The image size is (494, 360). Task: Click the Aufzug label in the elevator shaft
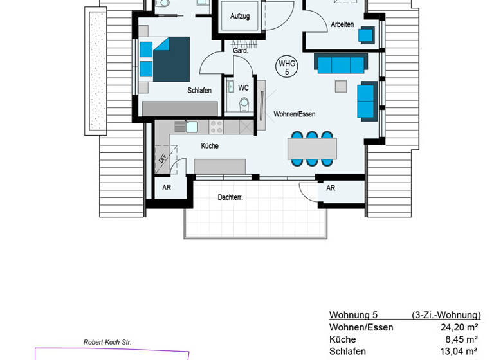[239, 15]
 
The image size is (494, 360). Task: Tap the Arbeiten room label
[342, 24]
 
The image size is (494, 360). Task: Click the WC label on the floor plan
[243, 87]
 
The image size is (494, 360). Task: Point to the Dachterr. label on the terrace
[230, 197]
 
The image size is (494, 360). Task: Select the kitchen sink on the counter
[192, 125]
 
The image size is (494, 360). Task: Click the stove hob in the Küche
[216, 125]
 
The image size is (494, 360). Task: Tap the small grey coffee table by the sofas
[340, 86]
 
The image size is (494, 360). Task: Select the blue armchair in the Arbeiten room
[367, 34]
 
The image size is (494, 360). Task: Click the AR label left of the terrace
[167, 188]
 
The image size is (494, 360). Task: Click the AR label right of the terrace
[331, 188]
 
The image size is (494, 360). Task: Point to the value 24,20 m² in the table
[457, 327]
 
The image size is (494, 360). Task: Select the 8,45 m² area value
[461, 339]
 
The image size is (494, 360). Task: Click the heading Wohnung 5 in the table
[353, 315]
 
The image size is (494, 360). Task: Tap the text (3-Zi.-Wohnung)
[446, 315]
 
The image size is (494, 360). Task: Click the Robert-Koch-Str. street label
[107, 343]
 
